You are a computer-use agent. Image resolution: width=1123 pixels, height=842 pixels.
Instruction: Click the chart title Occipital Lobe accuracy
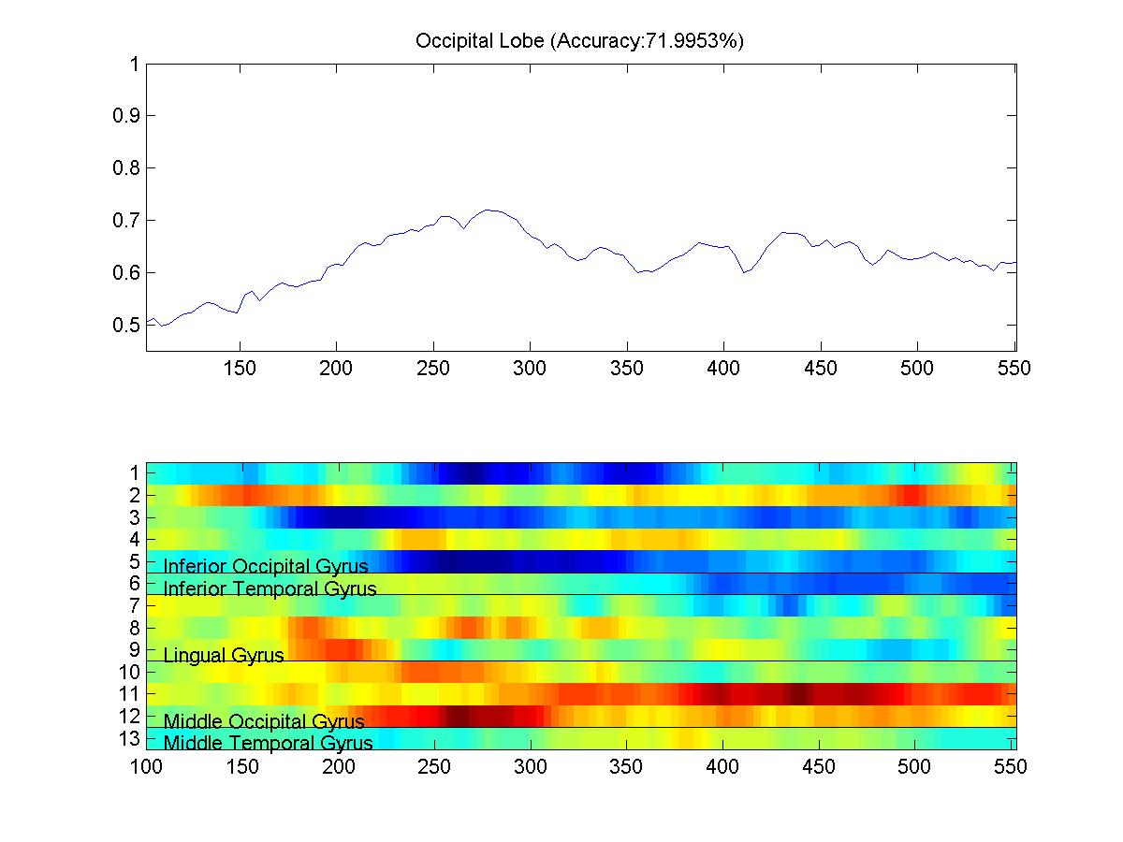click(579, 42)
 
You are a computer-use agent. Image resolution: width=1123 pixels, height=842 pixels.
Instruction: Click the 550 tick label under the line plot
click(1014, 369)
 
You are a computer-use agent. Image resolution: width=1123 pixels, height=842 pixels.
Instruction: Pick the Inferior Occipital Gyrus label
click(266, 566)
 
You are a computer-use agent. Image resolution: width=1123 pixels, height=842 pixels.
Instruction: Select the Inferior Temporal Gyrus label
click(270, 588)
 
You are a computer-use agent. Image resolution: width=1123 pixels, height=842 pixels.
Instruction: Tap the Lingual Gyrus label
click(224, 655)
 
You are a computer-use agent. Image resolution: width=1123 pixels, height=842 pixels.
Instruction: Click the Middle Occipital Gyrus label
click(264, 721)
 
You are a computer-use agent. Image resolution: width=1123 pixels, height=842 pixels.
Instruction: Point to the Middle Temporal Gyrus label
click(268, 744)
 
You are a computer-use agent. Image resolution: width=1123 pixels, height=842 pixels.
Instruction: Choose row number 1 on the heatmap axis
click(135, 472)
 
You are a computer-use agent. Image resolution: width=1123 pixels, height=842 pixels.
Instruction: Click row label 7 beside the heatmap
click(135, 605)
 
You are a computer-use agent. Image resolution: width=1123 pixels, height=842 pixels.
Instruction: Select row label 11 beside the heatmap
click(130, 693)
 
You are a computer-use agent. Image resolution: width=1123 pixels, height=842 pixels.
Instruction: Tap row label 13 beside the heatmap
click(130, 738)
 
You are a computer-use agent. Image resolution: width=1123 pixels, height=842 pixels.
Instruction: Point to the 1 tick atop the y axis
click(135, 65)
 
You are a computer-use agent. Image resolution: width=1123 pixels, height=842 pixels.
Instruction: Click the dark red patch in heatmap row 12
click(459, 716)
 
